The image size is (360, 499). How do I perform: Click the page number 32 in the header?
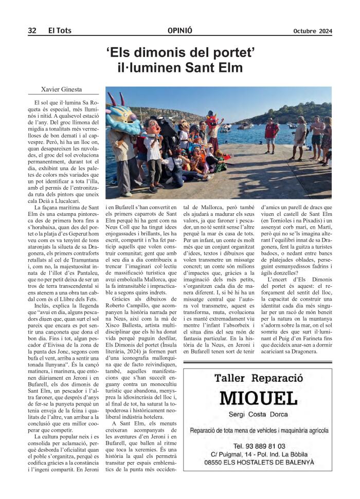tap(32, 31)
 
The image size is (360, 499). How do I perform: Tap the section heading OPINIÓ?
tap(180, 31)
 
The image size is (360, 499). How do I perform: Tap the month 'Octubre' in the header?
tap(304, 31)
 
